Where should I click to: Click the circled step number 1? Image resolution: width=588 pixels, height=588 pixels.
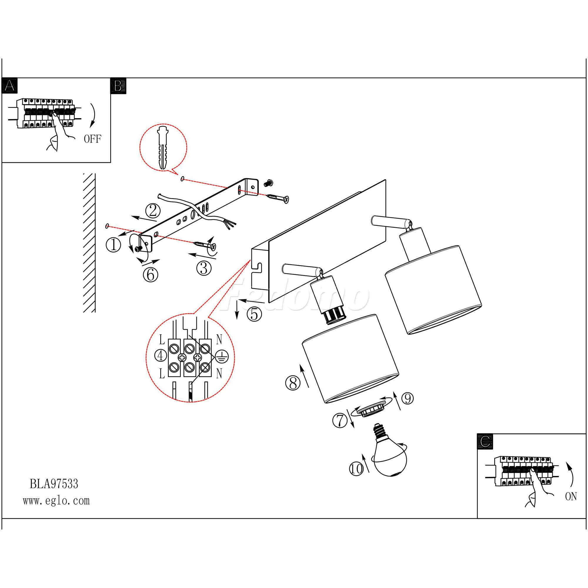(x=113, y=245)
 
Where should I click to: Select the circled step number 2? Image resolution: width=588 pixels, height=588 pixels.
(x=153, y=210)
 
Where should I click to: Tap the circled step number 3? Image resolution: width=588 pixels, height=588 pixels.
(x=204, y=268)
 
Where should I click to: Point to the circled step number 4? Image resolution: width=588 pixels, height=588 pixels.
(x=161, y=355)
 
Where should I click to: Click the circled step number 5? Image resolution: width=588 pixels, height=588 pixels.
(x=254, y=314)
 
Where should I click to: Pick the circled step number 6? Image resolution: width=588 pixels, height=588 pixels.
(x=150, y=275)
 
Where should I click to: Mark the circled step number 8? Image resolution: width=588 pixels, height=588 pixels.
(x=293, y=383)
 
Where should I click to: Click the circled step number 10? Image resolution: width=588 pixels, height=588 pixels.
(x=356, y=468)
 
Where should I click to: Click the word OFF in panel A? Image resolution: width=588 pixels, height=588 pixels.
(x=92, y=139)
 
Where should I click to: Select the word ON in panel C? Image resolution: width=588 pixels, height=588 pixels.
(x=571, y=497)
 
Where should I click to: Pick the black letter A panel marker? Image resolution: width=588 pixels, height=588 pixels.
(x=10, y=86)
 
